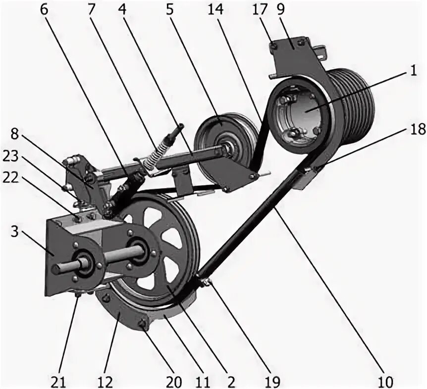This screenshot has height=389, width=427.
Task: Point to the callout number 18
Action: [x=418, y=130]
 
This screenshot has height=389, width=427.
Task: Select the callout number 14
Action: [x=216, y=10]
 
